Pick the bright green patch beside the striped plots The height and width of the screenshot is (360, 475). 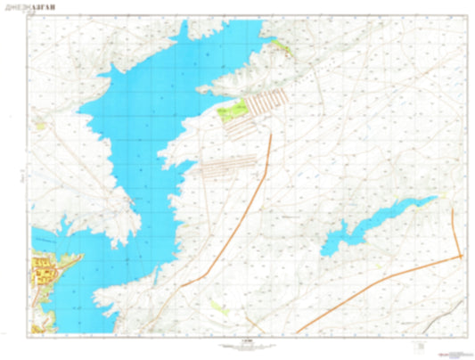point(233,111)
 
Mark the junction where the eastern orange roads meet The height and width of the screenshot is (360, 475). point(462,257)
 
